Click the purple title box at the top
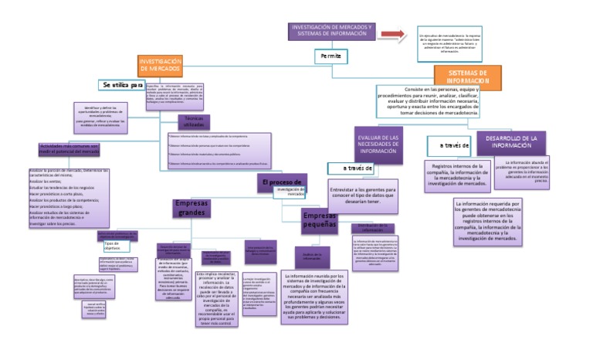click(x=332, y=32)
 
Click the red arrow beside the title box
click(x=391, y=35)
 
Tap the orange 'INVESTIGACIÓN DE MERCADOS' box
click(x=160, y=65)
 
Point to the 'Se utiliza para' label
click(x=124, y=84)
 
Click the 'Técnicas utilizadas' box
click(x=195, y=121)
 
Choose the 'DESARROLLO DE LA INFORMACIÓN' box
click(x=507, y=141)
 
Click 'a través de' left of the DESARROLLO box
click(x=449, y=144)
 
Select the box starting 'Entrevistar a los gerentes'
click(x=362, y=192)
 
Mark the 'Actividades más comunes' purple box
click(x=69, y=148)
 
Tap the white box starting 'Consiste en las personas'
click(x=429, y=101)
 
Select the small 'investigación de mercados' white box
click(x=290, y=192)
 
